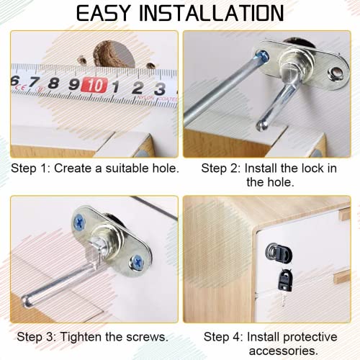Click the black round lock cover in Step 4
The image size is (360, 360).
point(274,252)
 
